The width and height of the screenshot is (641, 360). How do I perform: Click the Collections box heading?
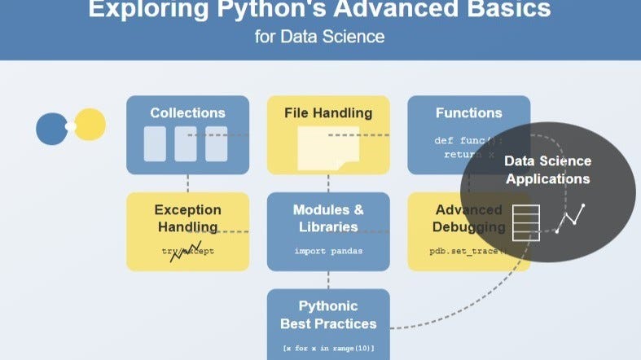(x=187, y=112)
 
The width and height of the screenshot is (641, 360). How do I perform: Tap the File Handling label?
(x=328, y=112)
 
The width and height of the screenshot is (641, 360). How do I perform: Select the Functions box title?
(x=468, y=112)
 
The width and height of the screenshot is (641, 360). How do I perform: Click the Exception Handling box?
(x=187, y=231)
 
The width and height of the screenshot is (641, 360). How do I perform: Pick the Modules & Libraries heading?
(x=328, y=217)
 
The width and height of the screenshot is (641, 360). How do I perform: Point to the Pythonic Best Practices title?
(x=328, y=315)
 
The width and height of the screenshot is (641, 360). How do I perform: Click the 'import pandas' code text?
(x=328, y=251)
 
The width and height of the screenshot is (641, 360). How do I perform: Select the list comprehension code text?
(x=328, y=349)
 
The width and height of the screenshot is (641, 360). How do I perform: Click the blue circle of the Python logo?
(x=51, y=128)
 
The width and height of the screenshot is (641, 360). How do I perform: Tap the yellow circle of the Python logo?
(x=90, y=124)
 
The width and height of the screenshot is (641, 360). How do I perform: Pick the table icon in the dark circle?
(x=525, y=222)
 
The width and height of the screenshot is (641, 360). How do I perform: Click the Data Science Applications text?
(x=547, y=169)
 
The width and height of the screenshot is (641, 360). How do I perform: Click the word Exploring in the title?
(x=150, y=10)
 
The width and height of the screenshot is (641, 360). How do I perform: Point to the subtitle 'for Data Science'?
(x=320, y=37)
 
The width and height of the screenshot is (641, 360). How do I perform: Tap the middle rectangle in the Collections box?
(x=186, y=144)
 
